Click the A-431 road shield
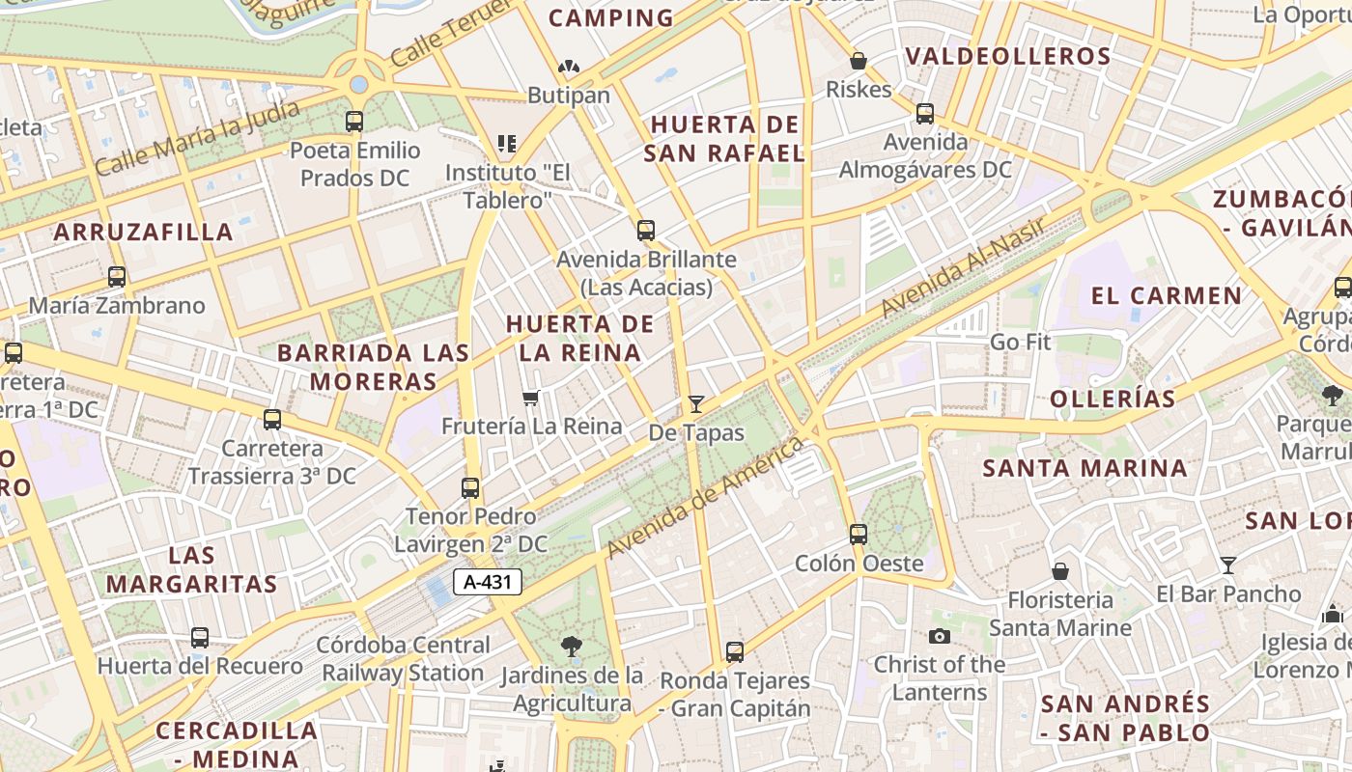pos(488,582)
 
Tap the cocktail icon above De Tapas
pos(695,403)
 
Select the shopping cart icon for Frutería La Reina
pos(530,398)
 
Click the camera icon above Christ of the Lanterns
pos(939,636)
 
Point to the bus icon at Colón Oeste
pos(859,534)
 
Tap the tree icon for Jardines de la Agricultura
pos(572,647)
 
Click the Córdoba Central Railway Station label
pos(404,658)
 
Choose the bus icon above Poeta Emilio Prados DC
pos(354,122)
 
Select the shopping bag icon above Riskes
pos(859,61)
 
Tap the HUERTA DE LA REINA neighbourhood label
pos(580,338)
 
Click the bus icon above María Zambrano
pos(117,277)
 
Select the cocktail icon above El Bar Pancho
pos(1228,565)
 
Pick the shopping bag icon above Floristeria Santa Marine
pos(1060,571)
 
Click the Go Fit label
pos(1020,342)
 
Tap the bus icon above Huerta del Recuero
pos(200,638)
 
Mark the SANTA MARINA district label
pos(1084,468)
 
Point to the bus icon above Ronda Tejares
pos(735,652)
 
